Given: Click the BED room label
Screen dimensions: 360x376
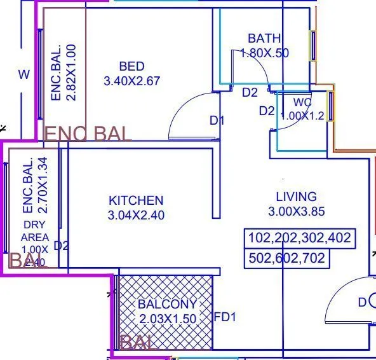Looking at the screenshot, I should [x=131, y=66].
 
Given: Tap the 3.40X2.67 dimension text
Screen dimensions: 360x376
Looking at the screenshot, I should [x=131, y=81].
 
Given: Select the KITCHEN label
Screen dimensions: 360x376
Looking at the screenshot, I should [x=136, y=201].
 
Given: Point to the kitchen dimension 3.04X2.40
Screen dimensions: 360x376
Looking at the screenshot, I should [x=136, y=216].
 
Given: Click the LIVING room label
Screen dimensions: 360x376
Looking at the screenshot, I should [x=296, y=197].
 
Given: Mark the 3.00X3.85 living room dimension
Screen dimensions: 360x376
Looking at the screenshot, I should [x=296, y=211].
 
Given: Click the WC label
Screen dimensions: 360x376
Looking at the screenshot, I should [x=302, y=103].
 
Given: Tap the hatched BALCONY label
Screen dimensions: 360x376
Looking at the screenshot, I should [x=167, y=305].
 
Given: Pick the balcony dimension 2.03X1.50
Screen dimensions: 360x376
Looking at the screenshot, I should [x=167, y=319].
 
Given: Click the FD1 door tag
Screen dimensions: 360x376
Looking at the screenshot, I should [x=225, y=317].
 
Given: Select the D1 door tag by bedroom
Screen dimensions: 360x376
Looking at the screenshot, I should [x=217, y=120].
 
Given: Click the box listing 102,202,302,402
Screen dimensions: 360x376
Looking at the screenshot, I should [x=300, y=239].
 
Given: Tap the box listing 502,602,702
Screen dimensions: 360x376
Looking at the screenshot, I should [x=287, y=258].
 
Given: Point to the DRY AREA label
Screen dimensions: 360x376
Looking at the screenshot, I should [x=35, y=231].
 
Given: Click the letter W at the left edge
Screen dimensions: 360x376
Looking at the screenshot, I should [x=23, y=75].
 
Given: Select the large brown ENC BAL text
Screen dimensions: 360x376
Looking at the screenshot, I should [x=88, y=134].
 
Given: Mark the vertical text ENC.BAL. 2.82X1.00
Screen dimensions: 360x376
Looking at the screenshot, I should [x=64, y=72].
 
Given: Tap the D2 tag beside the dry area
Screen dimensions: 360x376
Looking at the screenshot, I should [x=61, y=246].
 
